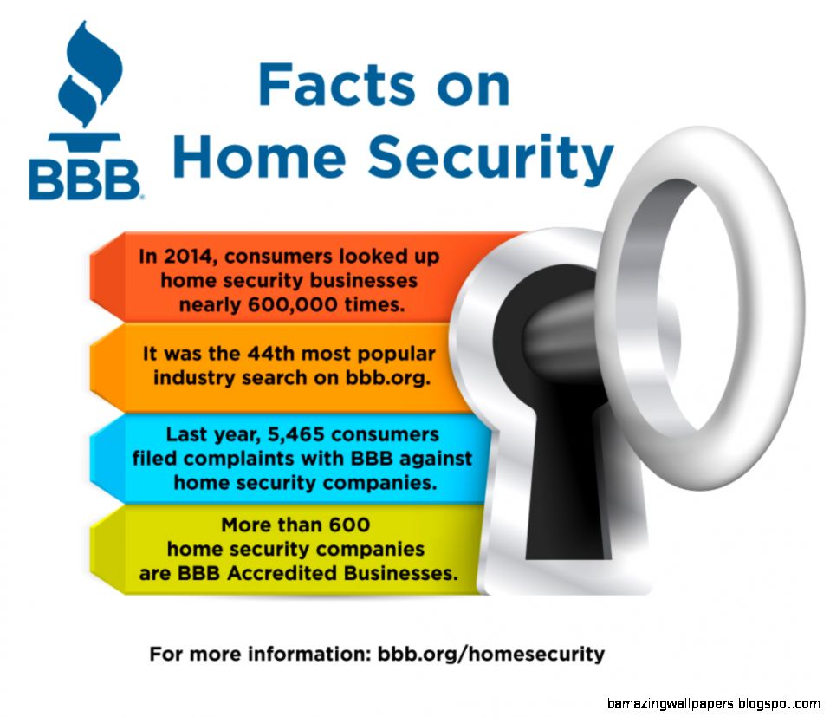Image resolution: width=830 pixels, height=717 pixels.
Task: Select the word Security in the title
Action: tap(490, 157)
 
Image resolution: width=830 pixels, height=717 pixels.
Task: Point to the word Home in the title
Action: tap(259, 157)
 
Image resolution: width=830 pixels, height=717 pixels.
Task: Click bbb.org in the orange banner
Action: tap(388, 378)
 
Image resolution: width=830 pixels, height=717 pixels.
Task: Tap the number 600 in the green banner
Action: tap(349, 525)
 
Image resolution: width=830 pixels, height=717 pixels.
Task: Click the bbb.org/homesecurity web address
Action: tap(490, 655)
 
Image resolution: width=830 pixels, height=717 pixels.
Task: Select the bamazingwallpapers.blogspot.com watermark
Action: tap(714, 704)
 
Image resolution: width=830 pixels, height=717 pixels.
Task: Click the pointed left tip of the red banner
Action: tap(91, 277)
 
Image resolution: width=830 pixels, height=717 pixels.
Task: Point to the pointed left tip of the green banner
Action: tap(91, 549)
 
